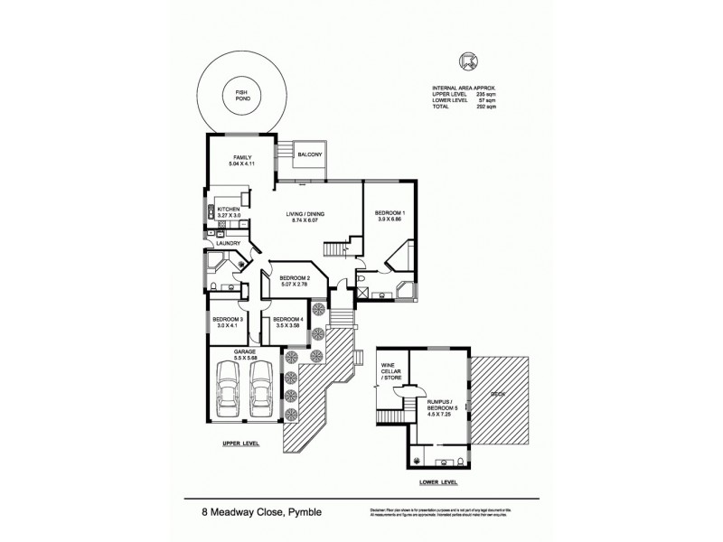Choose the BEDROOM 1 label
[390, 213]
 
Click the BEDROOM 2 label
[295, 277]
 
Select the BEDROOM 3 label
[228, 319]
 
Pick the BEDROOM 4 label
[286, 319]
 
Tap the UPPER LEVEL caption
[240, 444]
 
